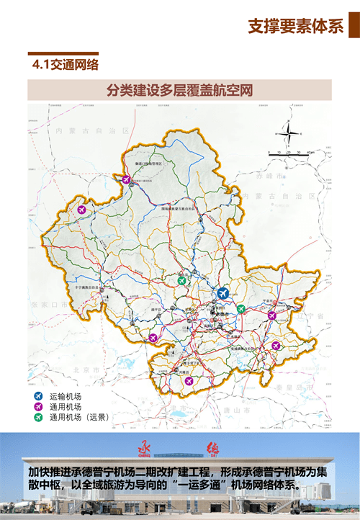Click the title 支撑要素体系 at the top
(x=295, y=27)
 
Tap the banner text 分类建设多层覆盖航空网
(x=179, y=90)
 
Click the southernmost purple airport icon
(x=189, y=380)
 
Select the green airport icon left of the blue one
(x=183, y=280)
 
